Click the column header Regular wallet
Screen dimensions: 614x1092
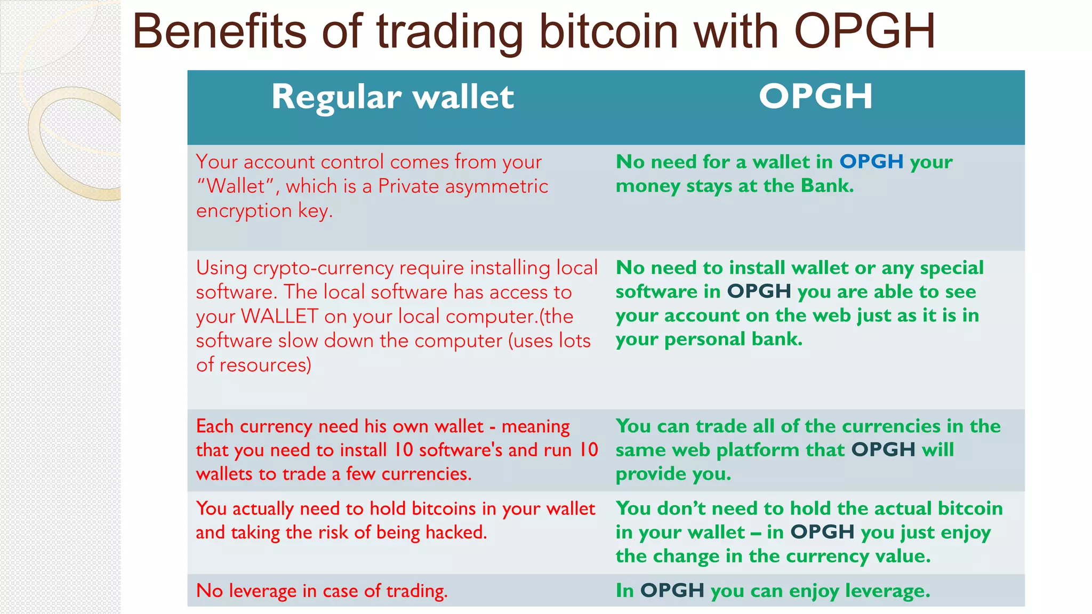coord(392,98)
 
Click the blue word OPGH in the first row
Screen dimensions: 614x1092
coord(871,161)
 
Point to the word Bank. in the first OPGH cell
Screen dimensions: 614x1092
coord(827,185)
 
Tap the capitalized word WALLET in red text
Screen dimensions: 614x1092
coord(279,316)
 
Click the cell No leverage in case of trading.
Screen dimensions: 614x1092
coord(322,591)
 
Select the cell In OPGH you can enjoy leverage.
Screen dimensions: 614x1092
coord(773,591)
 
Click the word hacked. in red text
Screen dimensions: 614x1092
coord(456,532)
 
